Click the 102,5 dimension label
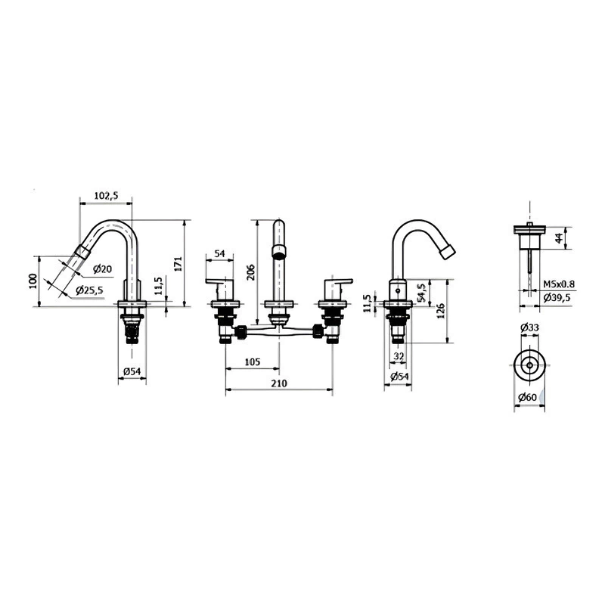106,196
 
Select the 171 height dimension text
178,263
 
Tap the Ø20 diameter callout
102,269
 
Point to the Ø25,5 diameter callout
89,290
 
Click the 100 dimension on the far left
33,281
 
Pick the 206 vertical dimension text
250,272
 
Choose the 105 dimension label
253,362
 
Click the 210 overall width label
279,383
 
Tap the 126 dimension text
441,311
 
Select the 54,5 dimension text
421,293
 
